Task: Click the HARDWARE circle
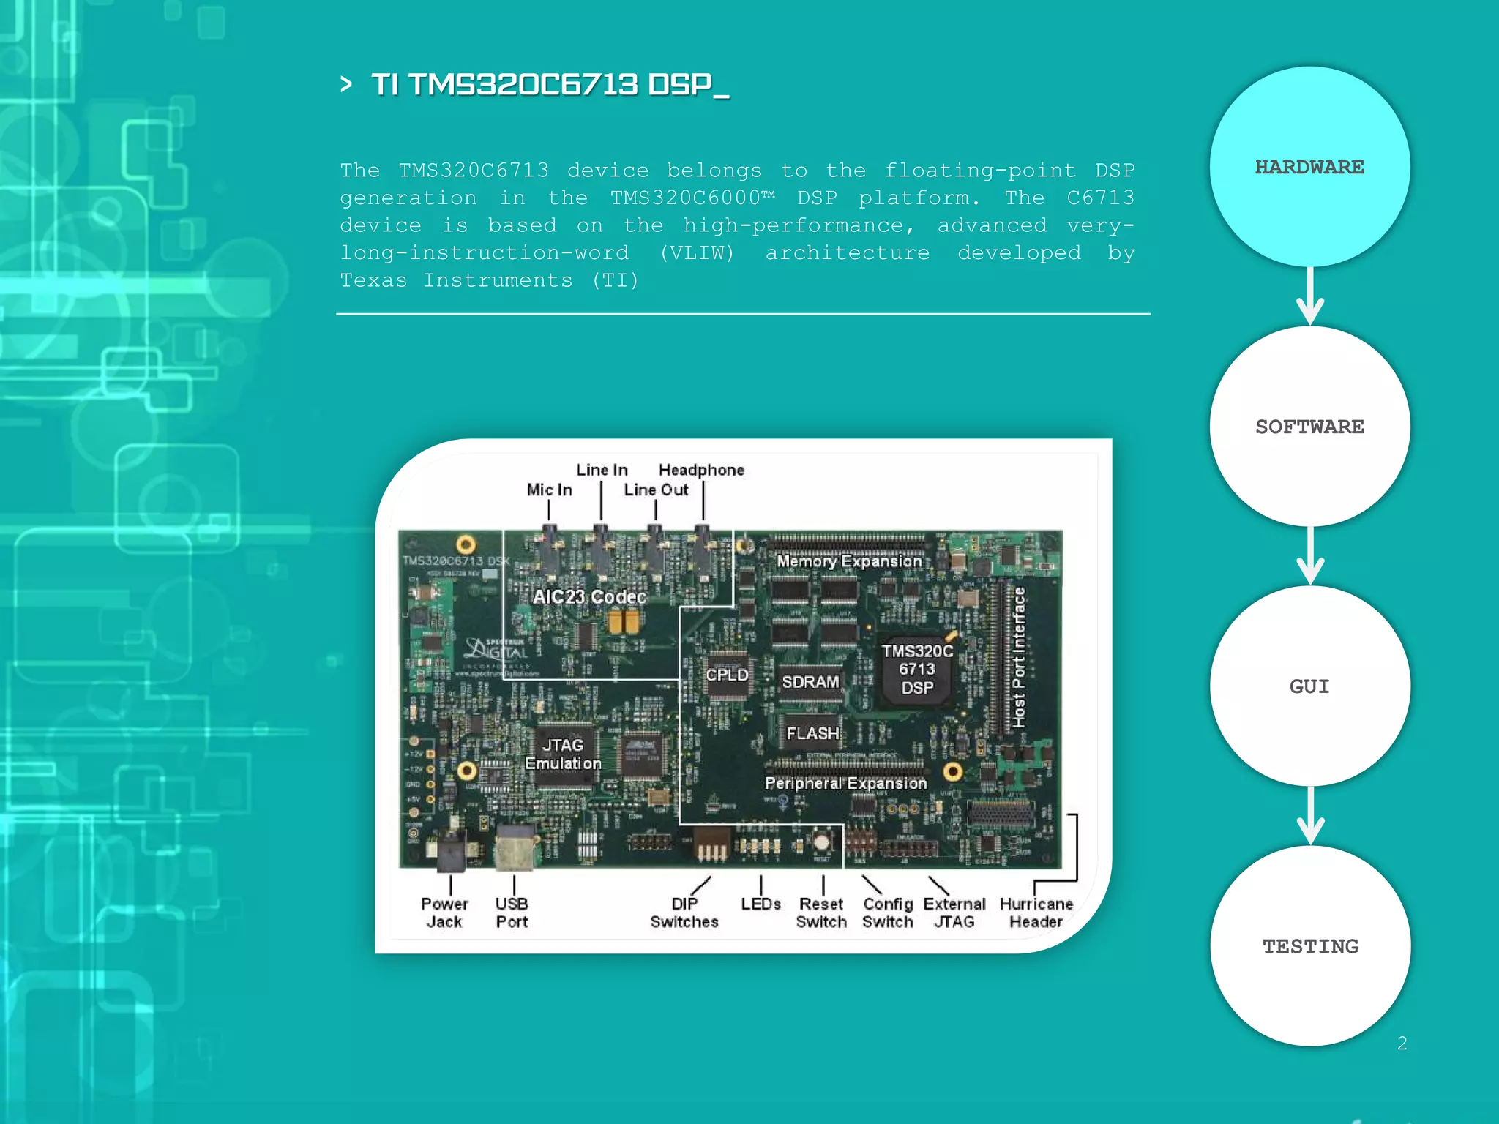pos(1309,167)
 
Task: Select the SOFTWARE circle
pos(1309,427)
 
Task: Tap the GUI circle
pos(1309,686)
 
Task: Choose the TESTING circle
pos(1310,946)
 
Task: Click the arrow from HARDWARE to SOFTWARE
pos(1310,296)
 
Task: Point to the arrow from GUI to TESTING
pos(1310,816)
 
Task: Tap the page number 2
pos(1402,1043)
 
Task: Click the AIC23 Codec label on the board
pos(589,597)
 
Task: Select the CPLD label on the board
pos(727,675)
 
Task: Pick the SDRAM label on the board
pos(810,682)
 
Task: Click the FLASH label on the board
pos(812,733)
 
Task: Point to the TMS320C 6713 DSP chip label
pos(917,670)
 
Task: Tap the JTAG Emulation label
pos(563,754)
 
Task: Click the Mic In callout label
pos(550,490)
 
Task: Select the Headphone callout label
pos(701,470)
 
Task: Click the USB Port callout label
pos(512,913)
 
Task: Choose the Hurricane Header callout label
pos(1036,913)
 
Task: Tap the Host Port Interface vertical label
pos(1018,657)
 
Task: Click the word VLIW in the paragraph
pos(697,253)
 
